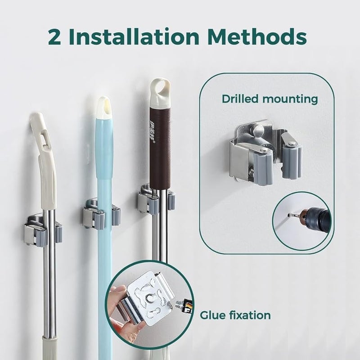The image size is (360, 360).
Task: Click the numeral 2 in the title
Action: pyautogui.click(x=57, y=37)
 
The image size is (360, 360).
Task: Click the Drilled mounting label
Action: pyautogui.click(x=270, y=99)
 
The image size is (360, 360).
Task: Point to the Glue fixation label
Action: pyautogui.click(x=235, y=315)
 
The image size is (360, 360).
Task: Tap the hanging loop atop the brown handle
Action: pyautogui.click(x=160, y=89)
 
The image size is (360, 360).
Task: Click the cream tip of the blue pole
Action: pyautogui.click(x=104, y=108)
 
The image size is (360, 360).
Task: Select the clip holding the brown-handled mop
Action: pyautogui.click(x=155, y=200)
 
